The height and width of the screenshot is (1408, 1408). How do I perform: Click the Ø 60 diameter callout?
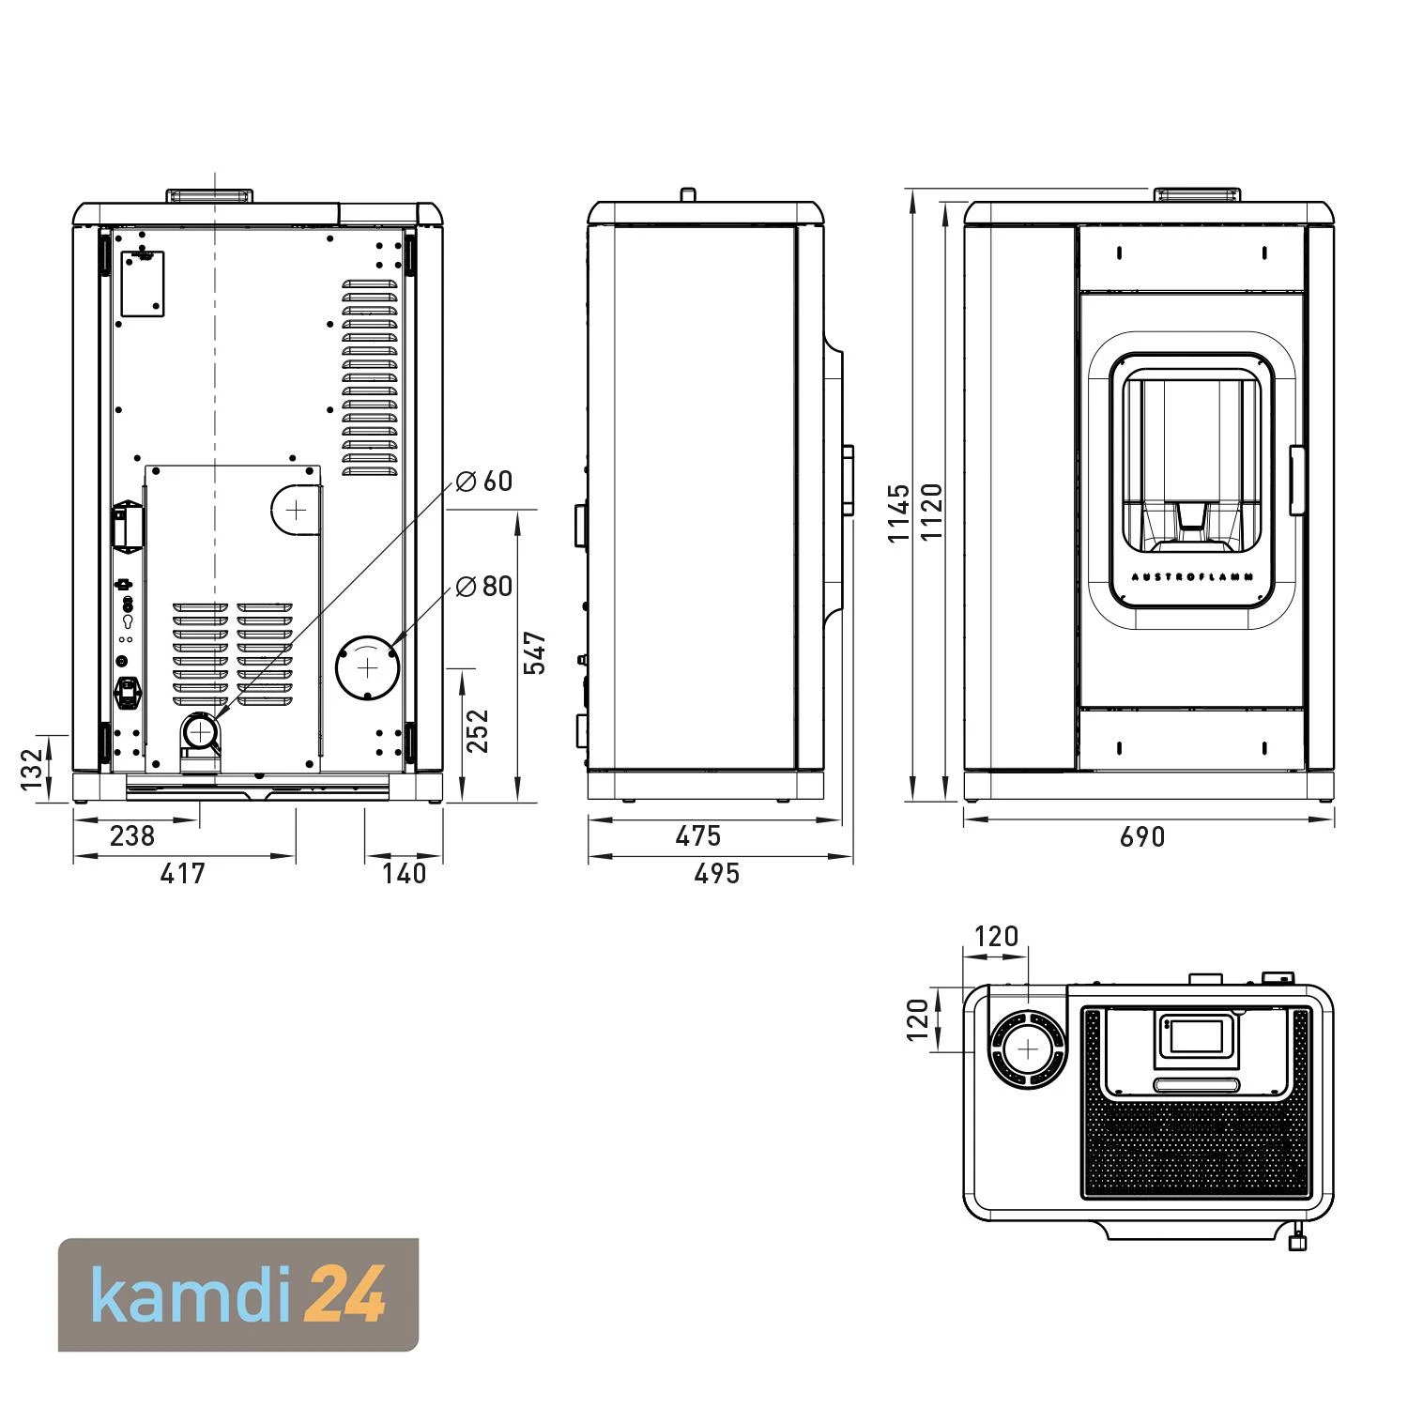[484, 482]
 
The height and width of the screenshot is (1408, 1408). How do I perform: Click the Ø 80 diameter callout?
[484, 587]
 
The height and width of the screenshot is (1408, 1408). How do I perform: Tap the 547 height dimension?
[535, 652]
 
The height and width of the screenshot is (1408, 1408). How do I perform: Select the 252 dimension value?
[479, 730]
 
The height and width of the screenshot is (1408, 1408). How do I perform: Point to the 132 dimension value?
[33, 769]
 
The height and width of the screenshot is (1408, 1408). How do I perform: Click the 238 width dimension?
[132, 834]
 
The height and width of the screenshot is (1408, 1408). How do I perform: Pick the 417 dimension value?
[182, 873]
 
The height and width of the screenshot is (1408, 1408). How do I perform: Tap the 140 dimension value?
[405, 873]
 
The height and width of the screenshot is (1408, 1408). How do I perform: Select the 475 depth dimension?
[698, 834]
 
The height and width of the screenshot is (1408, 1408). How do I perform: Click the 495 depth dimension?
[717, 873]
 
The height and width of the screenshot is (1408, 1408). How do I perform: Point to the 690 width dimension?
[1142, 835]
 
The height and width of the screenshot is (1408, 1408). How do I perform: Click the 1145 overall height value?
[899, 513]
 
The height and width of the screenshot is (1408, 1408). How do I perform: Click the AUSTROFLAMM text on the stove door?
[1192, 577]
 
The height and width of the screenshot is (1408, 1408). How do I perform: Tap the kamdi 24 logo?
[238, 1295]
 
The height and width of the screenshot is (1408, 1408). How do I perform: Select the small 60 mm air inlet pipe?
[200, 730]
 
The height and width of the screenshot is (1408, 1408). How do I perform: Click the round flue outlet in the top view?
[1029, 1049]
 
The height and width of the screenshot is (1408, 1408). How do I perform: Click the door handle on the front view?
[1298, 481]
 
